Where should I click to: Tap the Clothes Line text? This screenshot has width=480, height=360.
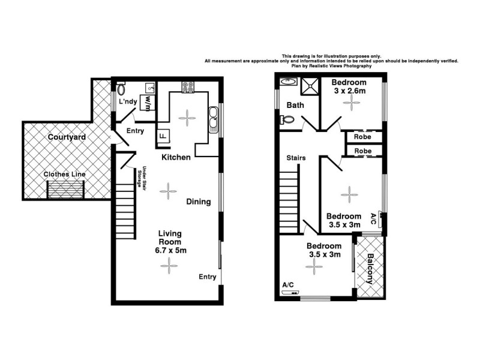(64, 175)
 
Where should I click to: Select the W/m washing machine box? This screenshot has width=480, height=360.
(146, 103)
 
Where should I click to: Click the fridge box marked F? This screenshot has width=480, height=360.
(163, 137)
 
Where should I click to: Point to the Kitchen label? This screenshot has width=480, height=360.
(176, 157)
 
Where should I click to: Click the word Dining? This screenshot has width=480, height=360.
(198, 202)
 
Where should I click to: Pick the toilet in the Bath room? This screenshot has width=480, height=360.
(287, 119)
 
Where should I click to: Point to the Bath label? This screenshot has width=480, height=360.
(295, 105)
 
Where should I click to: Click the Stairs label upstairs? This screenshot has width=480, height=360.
(296, 158)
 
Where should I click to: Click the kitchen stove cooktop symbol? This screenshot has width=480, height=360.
(188, 88)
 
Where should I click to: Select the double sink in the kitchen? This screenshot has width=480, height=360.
(213, 118)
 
